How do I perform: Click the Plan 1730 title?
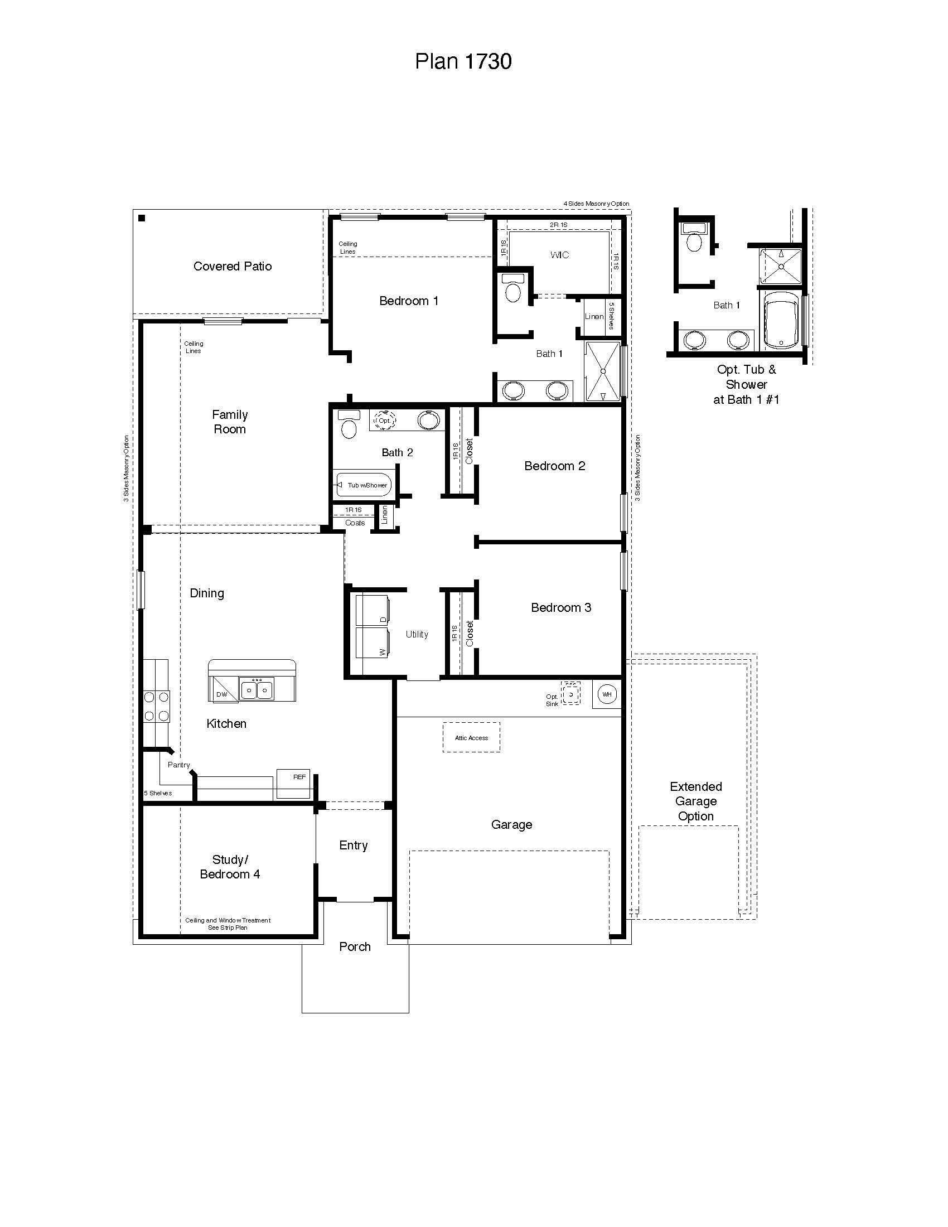pyautogui.click(x=463, y=61)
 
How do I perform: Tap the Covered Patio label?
pyautogui.click(x=233, y=266)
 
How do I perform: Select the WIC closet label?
pyautogui.click(x=559, y=255)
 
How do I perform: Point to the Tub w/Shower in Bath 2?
pyautogui.click(x=364, y=485)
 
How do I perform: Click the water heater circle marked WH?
pyautogui.click(x=607, y=694)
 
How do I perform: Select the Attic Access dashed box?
pyautogui.click(x=471, y=738)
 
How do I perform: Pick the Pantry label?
pyautogui.click(x=178, y=765)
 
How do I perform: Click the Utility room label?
pyautogui.click(x=417, y=634)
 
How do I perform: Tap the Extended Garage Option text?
pyautogui.click(x=696, y=801)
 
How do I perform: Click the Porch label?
pyautogui.click(x=355, y=946)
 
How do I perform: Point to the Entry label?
pyautogui.click(x=353, y=846)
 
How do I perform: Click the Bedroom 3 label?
pyautogui.click(x=561, y=607)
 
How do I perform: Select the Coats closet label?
pyautogui.click(x=355, y=523)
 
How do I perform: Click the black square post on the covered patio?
pyautogui.click(x=142, y=219)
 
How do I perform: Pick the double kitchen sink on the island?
pyautogui.click(x=257, y=689)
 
